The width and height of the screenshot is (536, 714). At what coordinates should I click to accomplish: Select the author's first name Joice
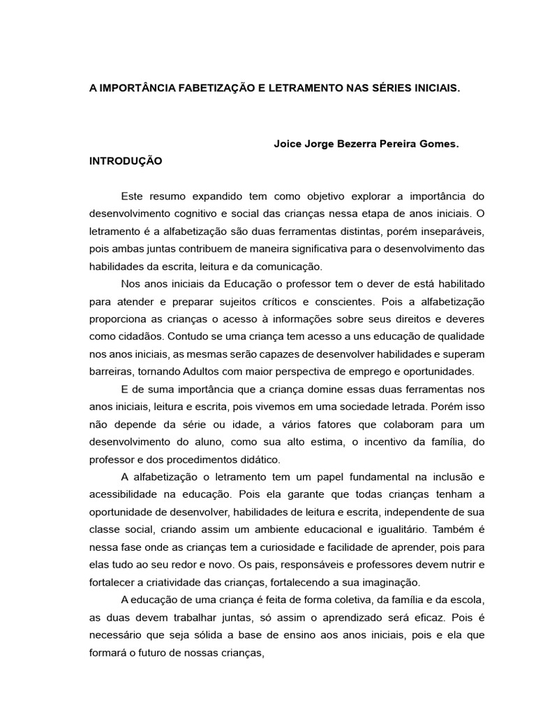point(288,144)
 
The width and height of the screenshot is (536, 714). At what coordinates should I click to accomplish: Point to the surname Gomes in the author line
point(438,144)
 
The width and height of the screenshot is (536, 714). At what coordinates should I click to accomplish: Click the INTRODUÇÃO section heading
point(126,160)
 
